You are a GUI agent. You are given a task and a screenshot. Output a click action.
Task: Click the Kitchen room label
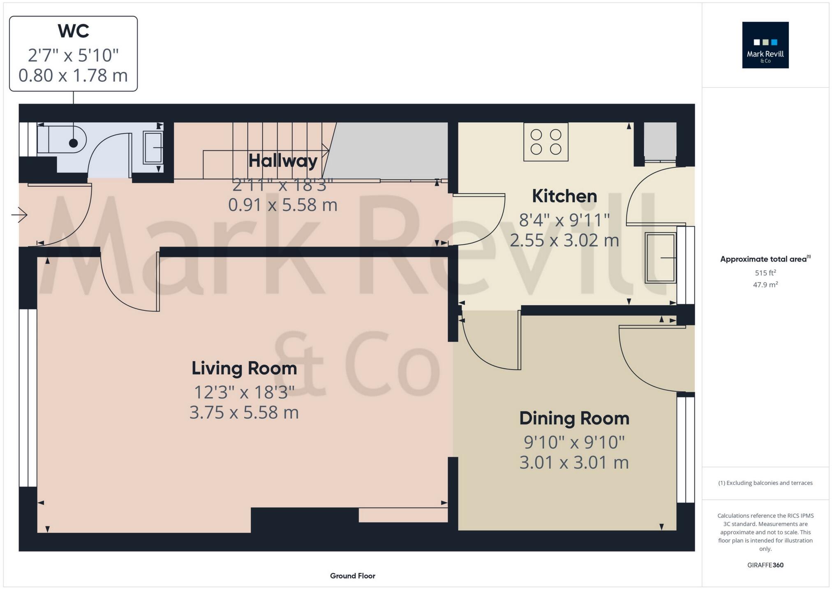(x=564, y=196)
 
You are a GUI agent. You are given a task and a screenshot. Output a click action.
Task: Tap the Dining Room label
(x=574, y=418)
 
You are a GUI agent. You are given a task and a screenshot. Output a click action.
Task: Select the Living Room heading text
(x=244, y=368)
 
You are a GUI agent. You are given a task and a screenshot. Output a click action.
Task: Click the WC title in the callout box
(x=73, y=31)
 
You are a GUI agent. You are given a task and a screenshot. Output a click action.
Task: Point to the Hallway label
(x=283, y=160)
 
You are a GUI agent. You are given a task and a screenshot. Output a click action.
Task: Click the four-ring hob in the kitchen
(x=545, y=142)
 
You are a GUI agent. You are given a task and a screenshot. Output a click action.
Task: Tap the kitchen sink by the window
(x=660, y=258)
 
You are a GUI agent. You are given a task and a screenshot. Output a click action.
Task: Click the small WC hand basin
(x=153, y=147)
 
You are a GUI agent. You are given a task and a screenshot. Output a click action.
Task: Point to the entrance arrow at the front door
(x=19, y=214)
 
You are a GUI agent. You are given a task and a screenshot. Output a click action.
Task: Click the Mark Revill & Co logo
(x=765, y=45)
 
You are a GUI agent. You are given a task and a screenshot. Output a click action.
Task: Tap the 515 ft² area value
(x=765, y=273)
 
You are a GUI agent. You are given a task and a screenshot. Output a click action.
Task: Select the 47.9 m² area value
(x=765, y=285)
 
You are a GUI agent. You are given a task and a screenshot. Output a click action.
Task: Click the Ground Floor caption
(x=352, y=576)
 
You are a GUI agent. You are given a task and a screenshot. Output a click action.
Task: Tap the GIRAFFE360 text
(x=765, y=565)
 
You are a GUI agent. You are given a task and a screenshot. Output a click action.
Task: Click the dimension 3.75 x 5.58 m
(x=244, y=413)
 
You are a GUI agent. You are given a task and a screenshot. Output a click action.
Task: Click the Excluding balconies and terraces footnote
(x=765, y=483)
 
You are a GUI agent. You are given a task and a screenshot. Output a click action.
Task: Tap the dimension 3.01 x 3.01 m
(x=574, y=463)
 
